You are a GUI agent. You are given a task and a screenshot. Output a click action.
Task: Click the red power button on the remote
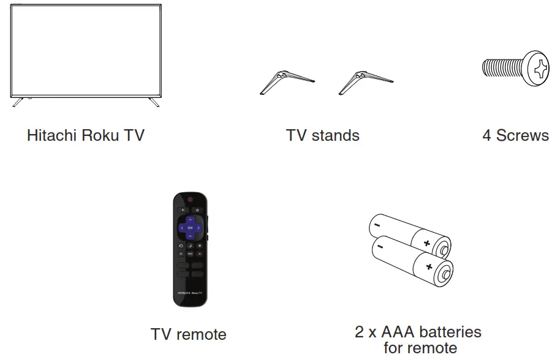pyautogui.click(x=190, y=200)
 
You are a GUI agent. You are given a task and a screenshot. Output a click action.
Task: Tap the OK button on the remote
pyautogui.click(x=190, y=228)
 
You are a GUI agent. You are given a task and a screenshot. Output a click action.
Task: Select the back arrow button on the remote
pyautogui.click(x=182, y=210)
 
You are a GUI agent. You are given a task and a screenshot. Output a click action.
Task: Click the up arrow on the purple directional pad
pyautogui.click(x=190, y=219)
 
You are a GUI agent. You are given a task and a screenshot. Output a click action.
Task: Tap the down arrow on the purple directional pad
pyautogui.click(x=190, y=236)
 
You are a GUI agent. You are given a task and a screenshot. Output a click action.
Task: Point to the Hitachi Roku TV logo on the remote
pyautogui.click(x=190, y=293)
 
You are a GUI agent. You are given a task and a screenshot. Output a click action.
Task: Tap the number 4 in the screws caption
pyautogui.click(x=486, y=135)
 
